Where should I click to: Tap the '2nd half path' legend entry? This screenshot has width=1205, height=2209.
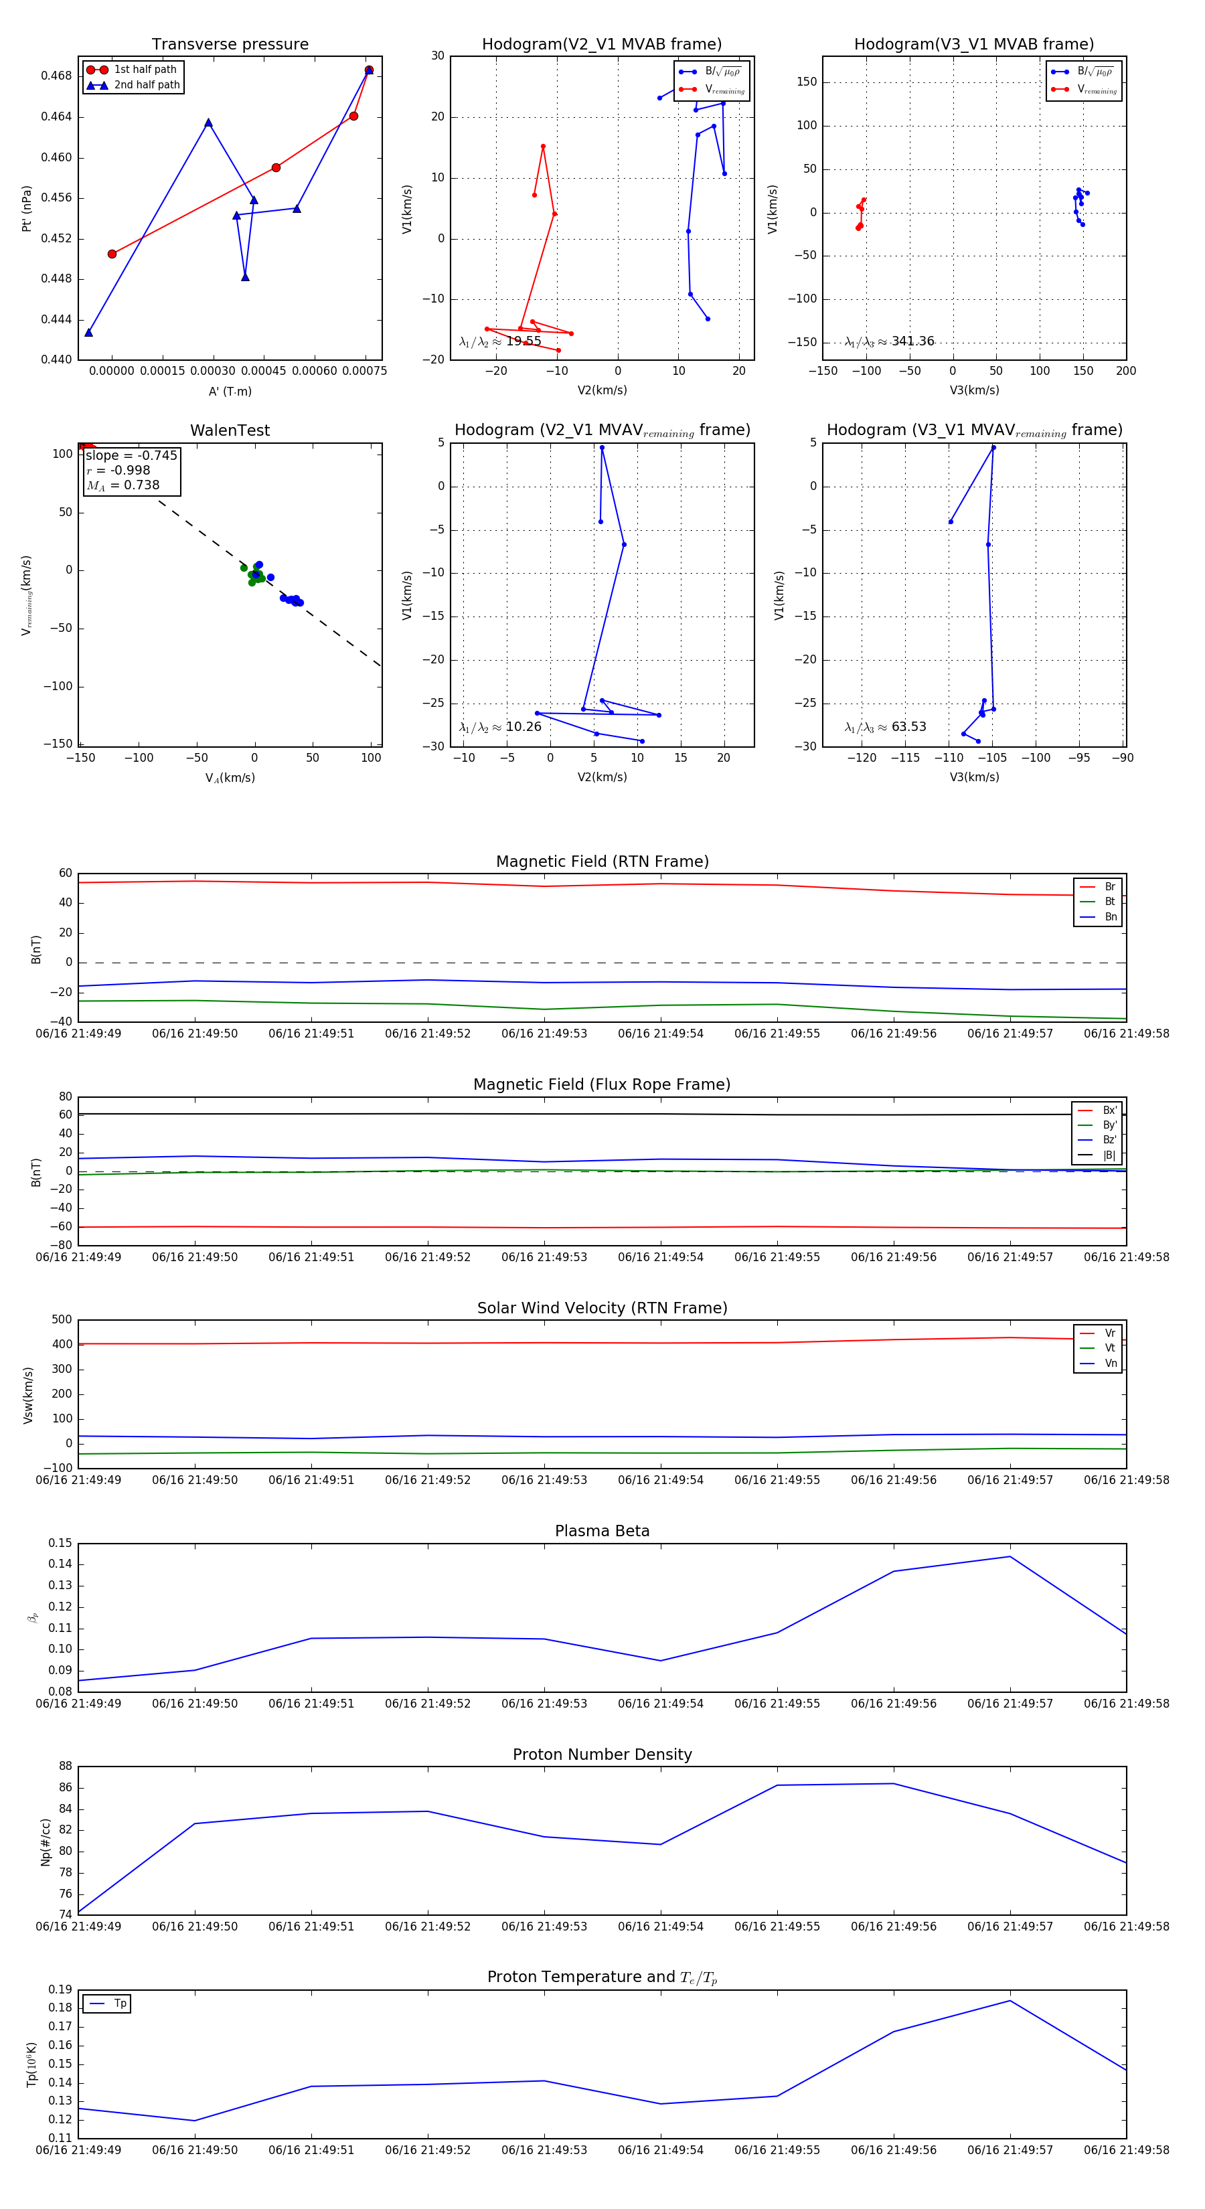coord(147,85)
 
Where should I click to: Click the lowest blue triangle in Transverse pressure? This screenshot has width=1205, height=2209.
coord(88,332)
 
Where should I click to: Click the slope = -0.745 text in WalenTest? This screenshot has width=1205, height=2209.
coord(131,455)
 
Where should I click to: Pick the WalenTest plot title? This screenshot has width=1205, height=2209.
coord(230,430)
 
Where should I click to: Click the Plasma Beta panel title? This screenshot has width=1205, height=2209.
coord(602,1531)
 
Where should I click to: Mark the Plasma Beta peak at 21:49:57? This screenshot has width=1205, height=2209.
coord(1010,1556)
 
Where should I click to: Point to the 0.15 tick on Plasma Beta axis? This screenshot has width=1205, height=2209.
coord(60,1543)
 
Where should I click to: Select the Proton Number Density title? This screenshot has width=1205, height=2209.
coord(602,1754)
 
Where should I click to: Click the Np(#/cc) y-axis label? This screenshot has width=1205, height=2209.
coord(46,1841)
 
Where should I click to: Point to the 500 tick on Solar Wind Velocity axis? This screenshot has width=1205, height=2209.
coord(62,1320)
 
